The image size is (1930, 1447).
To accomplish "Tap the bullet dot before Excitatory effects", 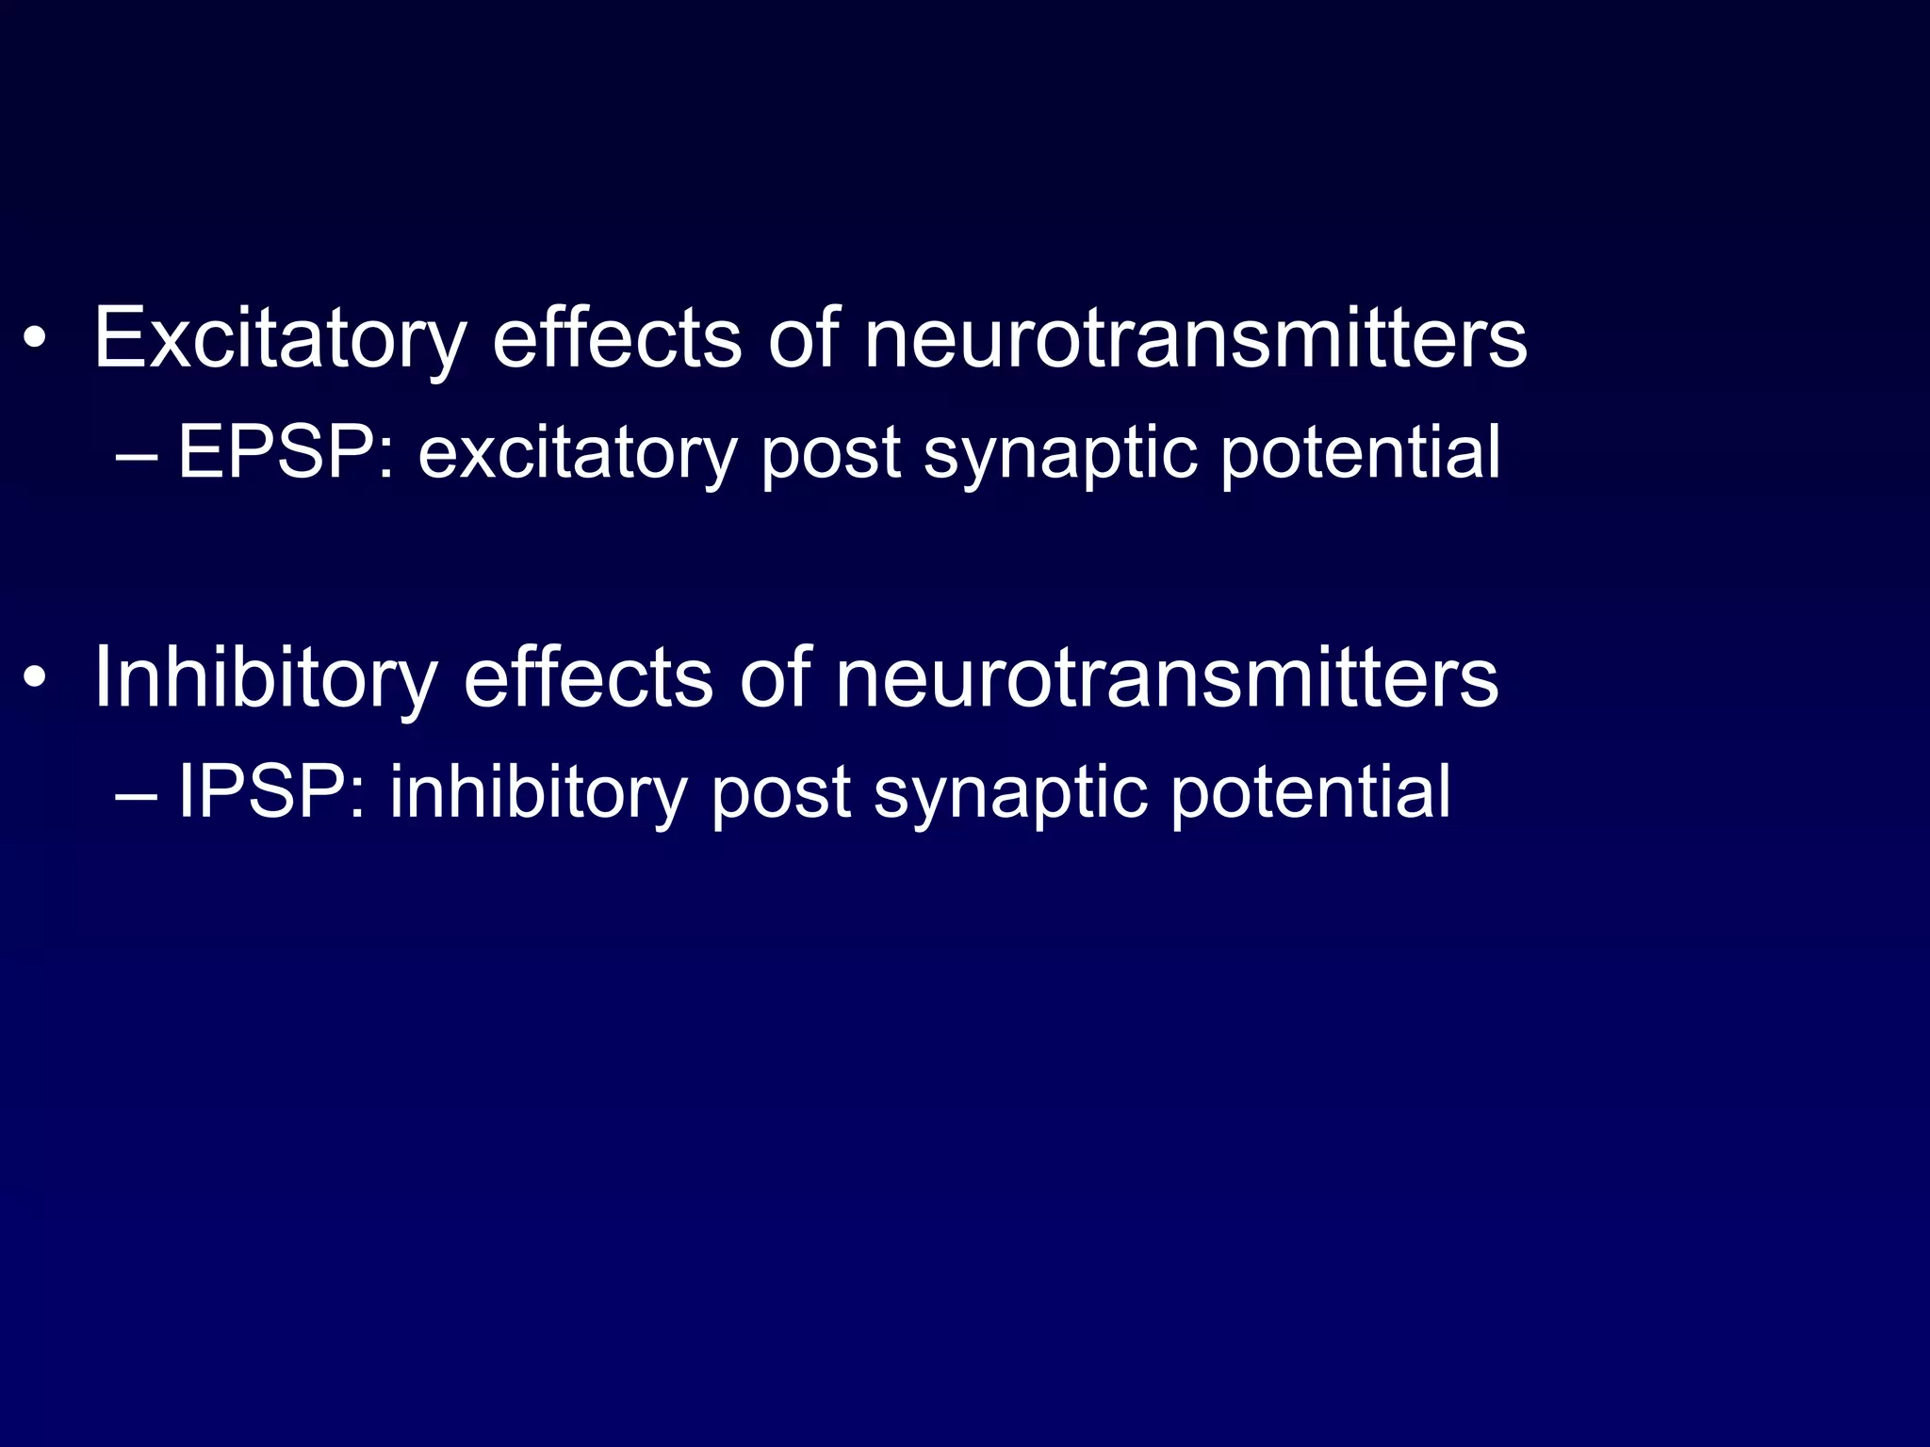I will click(35, 339).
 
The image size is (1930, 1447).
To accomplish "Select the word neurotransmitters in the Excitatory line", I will click(1195, 339).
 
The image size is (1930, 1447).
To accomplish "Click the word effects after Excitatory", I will click(616, 339).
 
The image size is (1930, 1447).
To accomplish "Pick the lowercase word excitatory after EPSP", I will click(577, 453).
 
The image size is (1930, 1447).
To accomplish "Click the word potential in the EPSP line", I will click(1360, 453).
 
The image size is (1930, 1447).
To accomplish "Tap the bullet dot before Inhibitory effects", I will click(35, 678).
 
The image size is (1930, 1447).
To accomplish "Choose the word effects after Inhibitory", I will click(588, 678).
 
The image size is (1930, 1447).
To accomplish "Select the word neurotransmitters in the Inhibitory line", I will click(1167, 678).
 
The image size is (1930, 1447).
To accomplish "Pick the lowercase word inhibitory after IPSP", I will click(538, 792).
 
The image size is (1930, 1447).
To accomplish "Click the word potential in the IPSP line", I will click(1310, 792).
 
